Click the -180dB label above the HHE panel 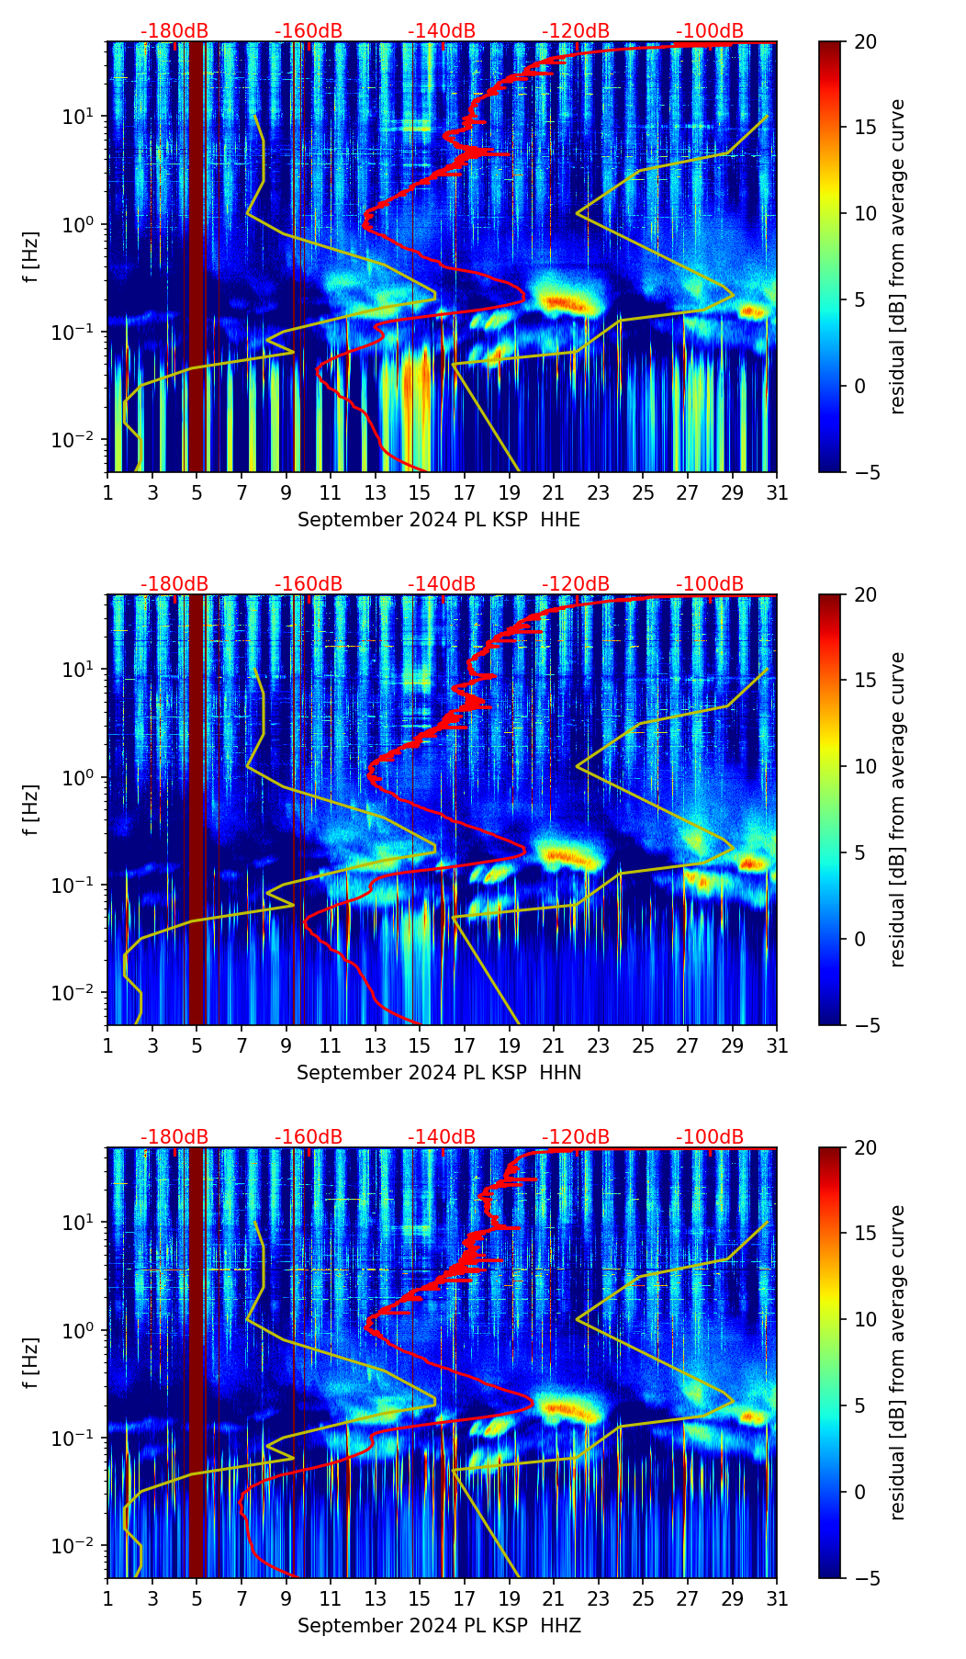pyautogui.click(x=174, y=31)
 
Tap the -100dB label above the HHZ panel pyautogui.click(x=710, y=1137)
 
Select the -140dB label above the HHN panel pyautogui.click(x=442, y=584)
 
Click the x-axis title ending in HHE pyautogui.click(x=439, y=520)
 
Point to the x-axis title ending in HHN pyautogui.click(x=439, y=1073)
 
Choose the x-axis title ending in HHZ pyautogui.click(x=439, y=1626)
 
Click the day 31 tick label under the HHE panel pyautogui.click(x=777, y=493)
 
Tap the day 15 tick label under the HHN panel pyautogui.click(x=420, y=1046)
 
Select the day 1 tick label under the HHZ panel pyautogui.click(x=107, y=1599)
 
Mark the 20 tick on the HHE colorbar pyautogui.click(x=865, y=42)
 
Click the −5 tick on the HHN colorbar pyautogui.click(x=865, y=1025)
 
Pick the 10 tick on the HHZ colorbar pyautogui.click(x=865, y=1320)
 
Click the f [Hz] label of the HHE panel pyautogui.click(x=32, y=257)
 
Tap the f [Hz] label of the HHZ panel pyautogui.click(x=32, y=1363)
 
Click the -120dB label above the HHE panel pyautogui.click(x=576, y=31)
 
